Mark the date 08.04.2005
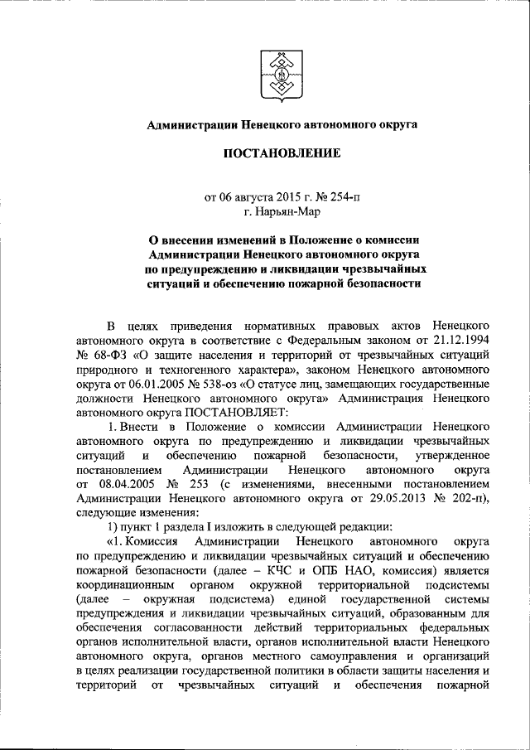tap(122, 484)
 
